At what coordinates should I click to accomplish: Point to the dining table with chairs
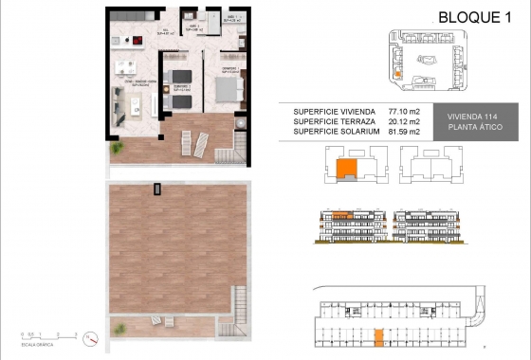[125, 67]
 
